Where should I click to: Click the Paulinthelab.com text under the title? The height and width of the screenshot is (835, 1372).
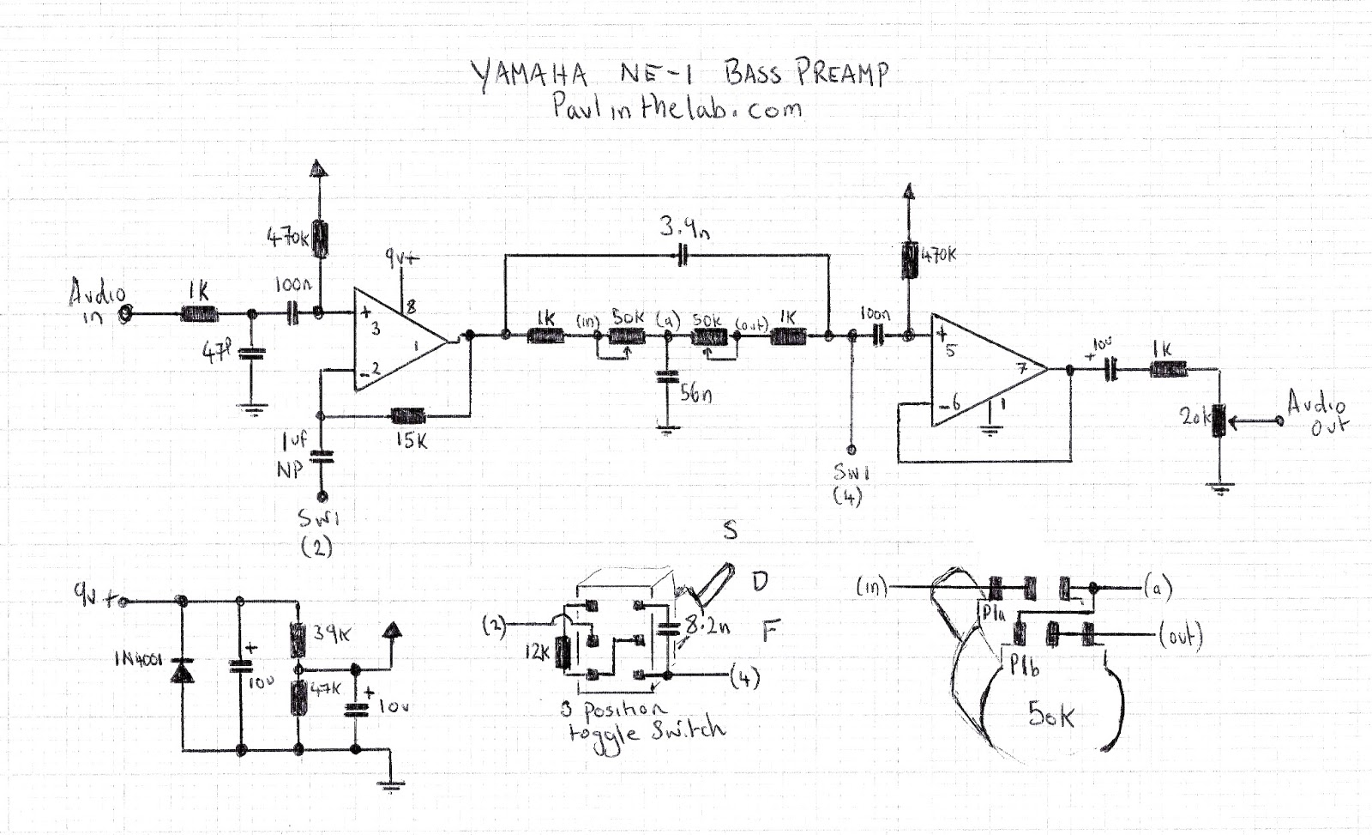click(677, 108)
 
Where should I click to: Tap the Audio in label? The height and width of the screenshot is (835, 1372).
click(96, 303)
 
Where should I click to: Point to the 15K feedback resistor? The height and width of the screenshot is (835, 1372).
click(409, 417)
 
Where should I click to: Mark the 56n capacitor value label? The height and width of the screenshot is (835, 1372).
click(695, 394)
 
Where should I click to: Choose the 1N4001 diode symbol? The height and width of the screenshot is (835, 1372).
click(182, 671)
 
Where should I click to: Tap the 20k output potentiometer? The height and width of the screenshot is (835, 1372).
click(1218, 421)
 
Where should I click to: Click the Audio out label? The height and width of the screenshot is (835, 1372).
click(1319, 413)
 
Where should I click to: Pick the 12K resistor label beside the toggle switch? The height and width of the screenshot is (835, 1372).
click(537, 653)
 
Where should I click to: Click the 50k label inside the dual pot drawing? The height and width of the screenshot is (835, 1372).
click(1050, 714)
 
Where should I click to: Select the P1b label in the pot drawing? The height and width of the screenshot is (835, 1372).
click(1024, 666)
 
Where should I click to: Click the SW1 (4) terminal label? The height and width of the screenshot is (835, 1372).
click(850, 483)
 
